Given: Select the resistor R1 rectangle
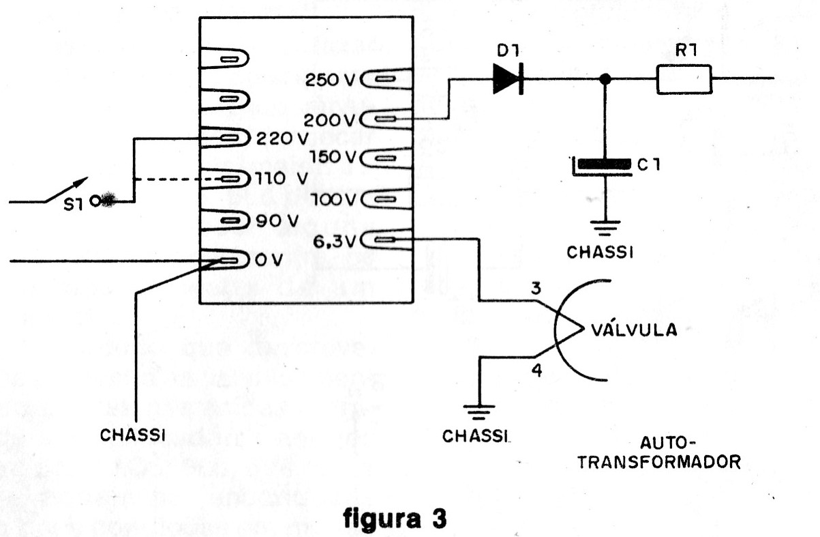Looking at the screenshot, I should (x=684, y=78).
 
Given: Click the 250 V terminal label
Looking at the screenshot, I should (x=330, y=80).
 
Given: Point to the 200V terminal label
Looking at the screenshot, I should (x=330, y=119).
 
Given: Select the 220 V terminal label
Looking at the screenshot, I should (x=282, y=138).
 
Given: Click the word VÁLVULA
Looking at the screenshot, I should (x=635, y=330).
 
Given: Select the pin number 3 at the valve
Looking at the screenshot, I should (x=536, y=290).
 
